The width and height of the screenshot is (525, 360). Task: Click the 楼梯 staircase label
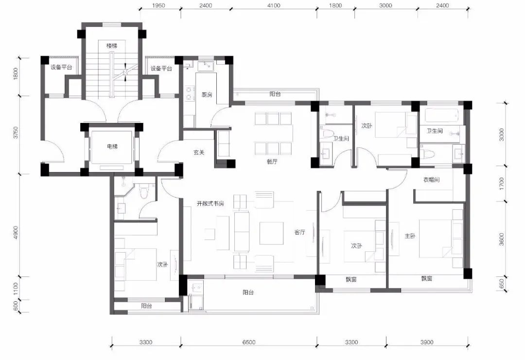click(112, 46)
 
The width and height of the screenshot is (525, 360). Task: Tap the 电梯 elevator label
click(112, 146)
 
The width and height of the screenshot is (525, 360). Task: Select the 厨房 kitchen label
click(207, 95)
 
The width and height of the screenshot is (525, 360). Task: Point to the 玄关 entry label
click(199, 153)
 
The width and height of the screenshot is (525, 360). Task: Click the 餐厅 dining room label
click(272, 162)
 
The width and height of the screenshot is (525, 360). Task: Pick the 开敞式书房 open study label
click(210, 204)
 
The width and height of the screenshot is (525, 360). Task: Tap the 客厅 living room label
click(299, 232)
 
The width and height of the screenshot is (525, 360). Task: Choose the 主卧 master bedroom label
click(410, 236)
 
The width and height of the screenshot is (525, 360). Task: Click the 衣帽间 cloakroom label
click(431, 180)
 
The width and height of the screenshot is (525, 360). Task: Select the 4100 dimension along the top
click(274, 5)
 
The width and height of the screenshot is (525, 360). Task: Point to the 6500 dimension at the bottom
click(249, 342)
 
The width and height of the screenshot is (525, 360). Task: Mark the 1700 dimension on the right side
click(501, 183)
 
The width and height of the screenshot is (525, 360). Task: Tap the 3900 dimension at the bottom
click(427, 342)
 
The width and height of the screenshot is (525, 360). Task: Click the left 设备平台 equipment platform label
click(61, 67)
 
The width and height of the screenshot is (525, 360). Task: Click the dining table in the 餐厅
click(273, 134)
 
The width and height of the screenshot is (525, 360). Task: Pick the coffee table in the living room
click(271, 233)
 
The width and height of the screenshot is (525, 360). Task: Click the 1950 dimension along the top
click(158, 5)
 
